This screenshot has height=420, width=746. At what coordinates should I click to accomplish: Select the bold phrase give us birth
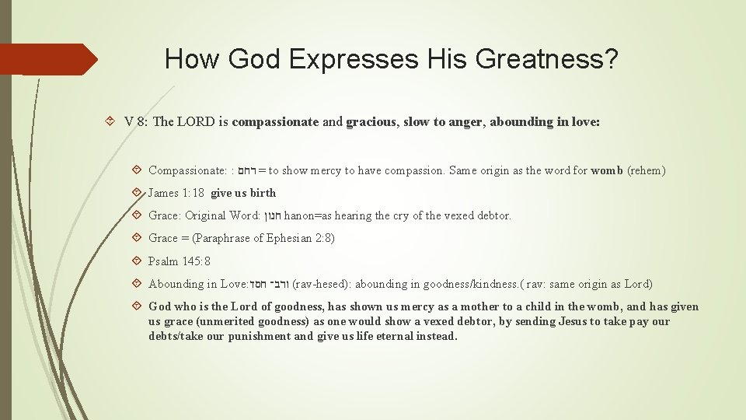coord(243,193)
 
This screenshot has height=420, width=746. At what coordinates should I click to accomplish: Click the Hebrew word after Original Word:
coord(272,215)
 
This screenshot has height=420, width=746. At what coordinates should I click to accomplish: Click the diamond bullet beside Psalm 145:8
coord(137,261)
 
